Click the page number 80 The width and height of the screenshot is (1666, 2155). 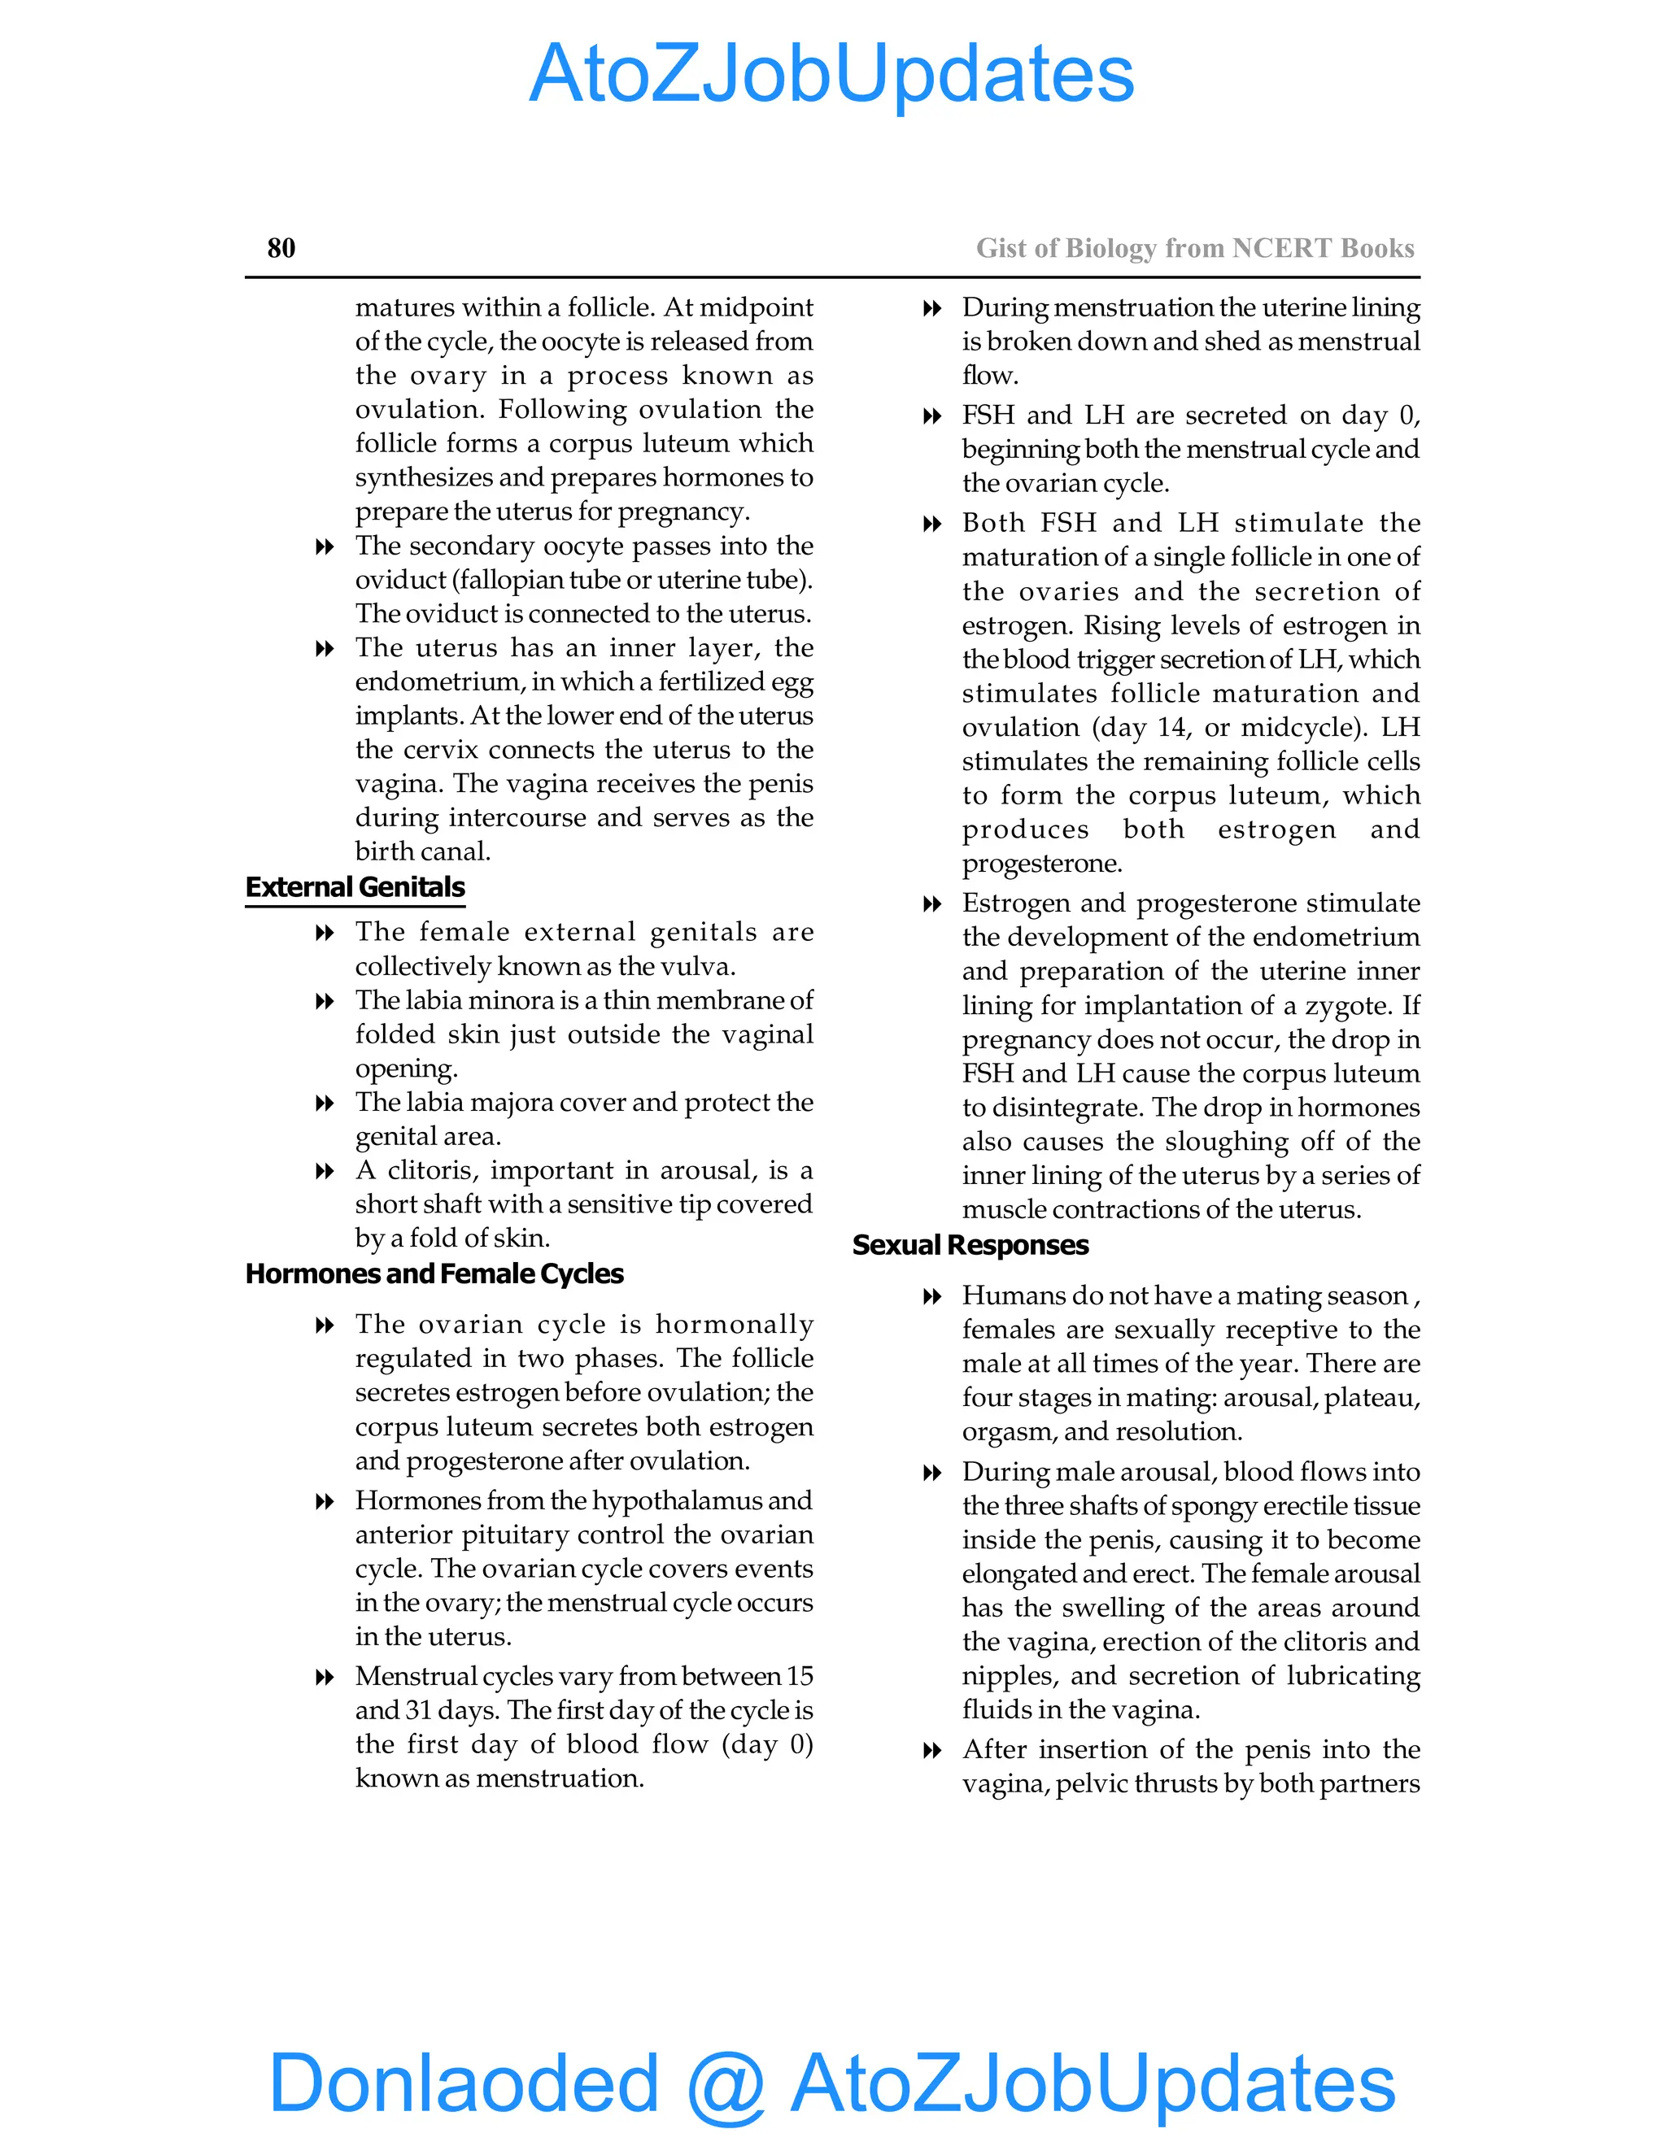tap(281, 248)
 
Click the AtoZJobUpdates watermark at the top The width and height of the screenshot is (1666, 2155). tap(832, 74)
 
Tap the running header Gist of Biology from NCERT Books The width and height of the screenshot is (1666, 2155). tap(1194, 248)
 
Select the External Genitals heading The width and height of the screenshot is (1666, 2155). tap(355, 887)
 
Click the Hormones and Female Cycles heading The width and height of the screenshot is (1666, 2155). tap(434, 1273)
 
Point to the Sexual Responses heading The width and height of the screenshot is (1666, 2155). tap(970, 1245)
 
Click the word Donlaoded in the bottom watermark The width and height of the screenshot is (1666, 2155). tap(464, 2082)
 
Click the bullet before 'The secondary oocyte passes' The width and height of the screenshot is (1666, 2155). tap(324, 546)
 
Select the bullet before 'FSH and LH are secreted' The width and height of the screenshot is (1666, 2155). tap(931, 416)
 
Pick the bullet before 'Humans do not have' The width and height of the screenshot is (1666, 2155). tap(931, 1296)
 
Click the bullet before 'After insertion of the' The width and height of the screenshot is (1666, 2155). tap(931, 1751)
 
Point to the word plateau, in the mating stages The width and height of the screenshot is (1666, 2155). tap(1372, 1398)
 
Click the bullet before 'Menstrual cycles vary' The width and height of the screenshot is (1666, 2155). tap(324, 1678)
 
